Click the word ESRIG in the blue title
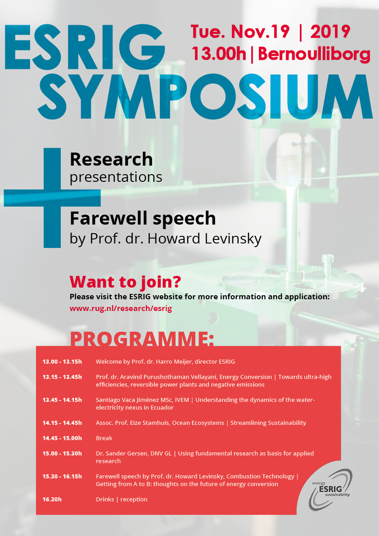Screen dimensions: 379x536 [85, 47]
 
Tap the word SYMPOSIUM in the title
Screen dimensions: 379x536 [205, 97]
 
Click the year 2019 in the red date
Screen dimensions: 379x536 [330, 32]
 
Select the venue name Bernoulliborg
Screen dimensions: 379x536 [314, 54]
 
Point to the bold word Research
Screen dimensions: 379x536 [111, 159]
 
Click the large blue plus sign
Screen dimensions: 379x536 [52, 198]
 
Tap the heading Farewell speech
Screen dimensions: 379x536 [143, 219]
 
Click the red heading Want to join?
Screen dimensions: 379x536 [125, 282]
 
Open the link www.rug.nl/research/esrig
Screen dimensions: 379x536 [121, 308]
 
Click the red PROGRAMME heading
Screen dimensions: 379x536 [142, 338]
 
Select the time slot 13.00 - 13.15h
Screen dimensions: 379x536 [62, 362]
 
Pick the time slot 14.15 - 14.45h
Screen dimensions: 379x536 [62, 423]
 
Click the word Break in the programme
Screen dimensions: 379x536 [104, 438]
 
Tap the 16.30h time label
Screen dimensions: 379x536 [52, 500]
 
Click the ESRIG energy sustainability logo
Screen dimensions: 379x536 [330, 489]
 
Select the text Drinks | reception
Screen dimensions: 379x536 [122, 500]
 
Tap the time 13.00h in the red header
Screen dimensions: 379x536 [219, 54]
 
